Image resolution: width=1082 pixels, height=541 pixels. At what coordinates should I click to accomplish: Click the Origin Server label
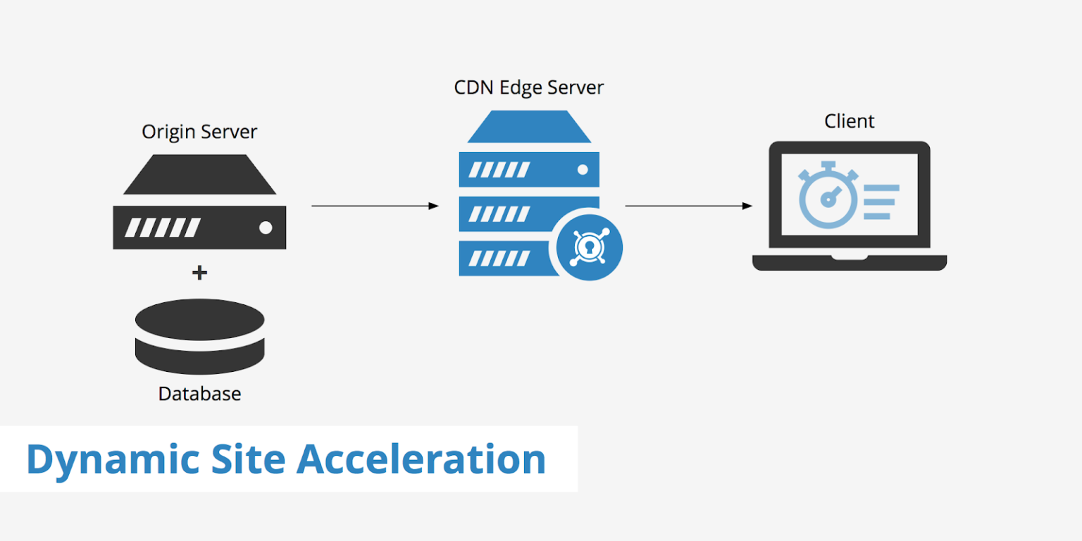coord(199,132)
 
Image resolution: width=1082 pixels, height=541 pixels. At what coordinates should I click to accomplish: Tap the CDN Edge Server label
coord(529,87)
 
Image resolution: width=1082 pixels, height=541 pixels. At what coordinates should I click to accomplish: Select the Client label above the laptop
coord(850,121)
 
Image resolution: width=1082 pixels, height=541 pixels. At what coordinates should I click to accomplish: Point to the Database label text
coord(199,393)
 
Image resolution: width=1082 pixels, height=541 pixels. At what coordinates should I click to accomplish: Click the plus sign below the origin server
coord(199,273)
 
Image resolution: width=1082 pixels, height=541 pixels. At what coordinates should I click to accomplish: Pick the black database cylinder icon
coord(199,337)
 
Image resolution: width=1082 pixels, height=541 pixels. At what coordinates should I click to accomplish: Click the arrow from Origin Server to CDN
coord(375,206)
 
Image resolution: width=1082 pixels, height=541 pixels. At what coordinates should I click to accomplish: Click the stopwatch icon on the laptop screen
coord(828,197)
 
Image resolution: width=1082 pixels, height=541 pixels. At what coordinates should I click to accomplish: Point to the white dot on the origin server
coord(266,228)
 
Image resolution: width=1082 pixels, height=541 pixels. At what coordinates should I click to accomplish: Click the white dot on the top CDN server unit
coord(583,170)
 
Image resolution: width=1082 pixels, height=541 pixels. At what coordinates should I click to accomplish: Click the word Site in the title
coord(248,459)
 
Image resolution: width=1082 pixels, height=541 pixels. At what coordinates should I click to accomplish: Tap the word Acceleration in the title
coord(421,459)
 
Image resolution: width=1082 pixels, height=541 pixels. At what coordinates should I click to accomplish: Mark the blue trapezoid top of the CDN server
coord(529,127)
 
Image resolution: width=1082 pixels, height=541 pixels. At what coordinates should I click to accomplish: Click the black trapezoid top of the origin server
coord(199,175)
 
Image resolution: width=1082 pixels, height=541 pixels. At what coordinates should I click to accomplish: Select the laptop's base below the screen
coord(850,262)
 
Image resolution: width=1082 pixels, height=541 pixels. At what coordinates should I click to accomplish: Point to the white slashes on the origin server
coord(163,228)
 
